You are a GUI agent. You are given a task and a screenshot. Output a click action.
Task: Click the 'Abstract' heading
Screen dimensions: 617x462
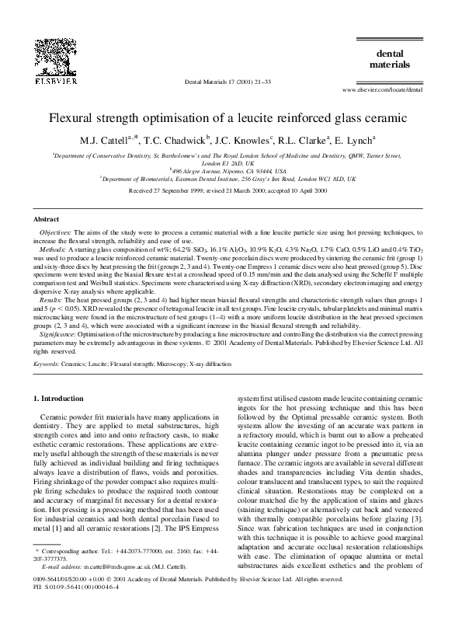48,220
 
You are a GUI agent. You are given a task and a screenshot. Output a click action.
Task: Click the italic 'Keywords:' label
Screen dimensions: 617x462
50,363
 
